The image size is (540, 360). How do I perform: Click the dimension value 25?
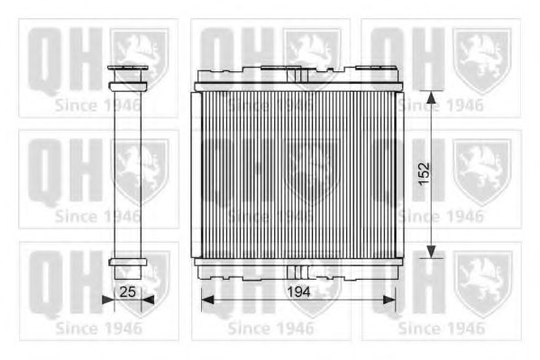127,292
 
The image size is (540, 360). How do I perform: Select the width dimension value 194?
298,292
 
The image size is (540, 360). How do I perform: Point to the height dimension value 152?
425,173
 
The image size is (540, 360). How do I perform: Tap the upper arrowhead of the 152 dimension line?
431,97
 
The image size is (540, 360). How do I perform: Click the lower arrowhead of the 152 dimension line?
431,251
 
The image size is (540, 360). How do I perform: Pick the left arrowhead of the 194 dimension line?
207,300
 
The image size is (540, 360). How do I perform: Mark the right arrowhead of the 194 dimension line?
389,300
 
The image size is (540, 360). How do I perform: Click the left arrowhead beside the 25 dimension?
108,300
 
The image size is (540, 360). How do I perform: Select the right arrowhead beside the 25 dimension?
148,300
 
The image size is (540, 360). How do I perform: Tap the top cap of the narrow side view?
128,68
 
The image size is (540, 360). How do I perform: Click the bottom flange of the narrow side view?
128,263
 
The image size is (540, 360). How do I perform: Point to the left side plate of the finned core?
196,174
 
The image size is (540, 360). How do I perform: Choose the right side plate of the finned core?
399,174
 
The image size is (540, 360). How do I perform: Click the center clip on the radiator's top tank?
297,75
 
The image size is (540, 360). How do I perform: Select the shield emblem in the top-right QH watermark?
481,60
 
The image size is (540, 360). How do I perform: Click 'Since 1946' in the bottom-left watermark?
98,328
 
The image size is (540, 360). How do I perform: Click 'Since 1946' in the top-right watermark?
441,106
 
